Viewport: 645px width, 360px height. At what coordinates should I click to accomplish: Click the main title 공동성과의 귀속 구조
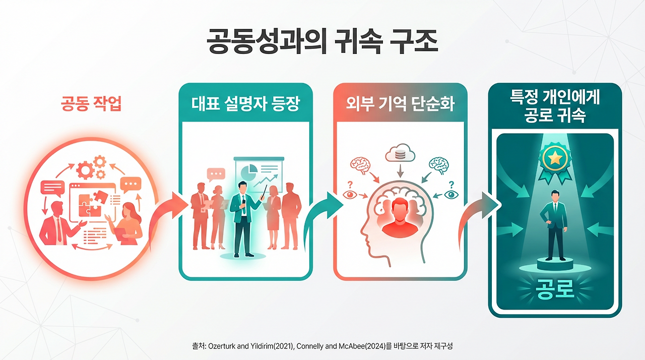point(322,41)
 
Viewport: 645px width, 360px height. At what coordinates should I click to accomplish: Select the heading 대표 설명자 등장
point(245,104)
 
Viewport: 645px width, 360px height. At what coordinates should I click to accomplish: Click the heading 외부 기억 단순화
point(400,104)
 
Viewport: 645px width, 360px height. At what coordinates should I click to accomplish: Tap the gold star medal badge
point(554,160)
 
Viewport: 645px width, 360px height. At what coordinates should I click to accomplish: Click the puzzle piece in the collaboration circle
point(91,200)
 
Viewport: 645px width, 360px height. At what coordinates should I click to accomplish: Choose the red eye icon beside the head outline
point(348,194)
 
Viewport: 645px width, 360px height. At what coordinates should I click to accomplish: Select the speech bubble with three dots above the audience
point(216,174)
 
